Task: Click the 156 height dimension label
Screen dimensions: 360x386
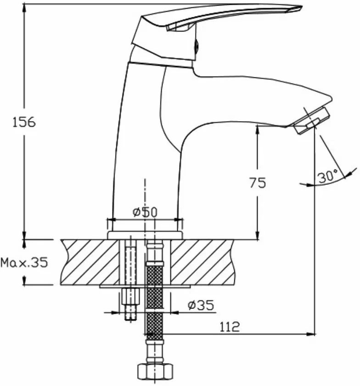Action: [24, 122]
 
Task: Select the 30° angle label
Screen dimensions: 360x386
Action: [328, 176]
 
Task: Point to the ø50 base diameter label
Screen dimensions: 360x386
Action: [145, 212]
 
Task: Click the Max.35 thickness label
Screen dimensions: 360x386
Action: [24, 263]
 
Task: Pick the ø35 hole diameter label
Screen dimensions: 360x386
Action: [201, 306]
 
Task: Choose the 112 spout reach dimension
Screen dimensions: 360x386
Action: [229, 327]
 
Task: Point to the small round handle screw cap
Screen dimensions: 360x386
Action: [197, 45]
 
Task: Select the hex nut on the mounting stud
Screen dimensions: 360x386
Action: [130, 296]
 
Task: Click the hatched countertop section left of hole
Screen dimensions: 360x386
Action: [90, 262]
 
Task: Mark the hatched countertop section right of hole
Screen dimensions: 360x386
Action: [202, 262]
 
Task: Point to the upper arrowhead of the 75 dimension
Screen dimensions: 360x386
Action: [257, 130]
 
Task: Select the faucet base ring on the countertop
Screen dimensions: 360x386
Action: [145, 235]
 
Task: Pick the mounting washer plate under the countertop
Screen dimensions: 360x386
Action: [145, 286]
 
